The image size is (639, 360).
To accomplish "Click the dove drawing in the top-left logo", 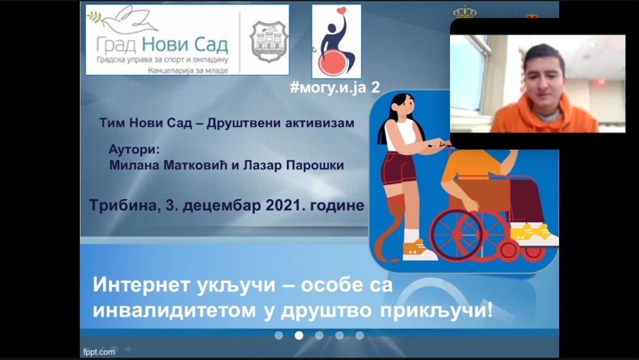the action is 122,21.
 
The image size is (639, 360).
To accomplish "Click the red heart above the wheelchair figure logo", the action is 341,10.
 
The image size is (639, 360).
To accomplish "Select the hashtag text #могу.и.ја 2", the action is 334,87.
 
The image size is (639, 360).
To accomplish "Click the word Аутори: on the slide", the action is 134,150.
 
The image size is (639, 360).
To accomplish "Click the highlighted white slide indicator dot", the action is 299,335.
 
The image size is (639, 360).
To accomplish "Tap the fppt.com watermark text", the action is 99,352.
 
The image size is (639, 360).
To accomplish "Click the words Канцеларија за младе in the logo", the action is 188,71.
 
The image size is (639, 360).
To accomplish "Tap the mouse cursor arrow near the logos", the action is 315,50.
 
